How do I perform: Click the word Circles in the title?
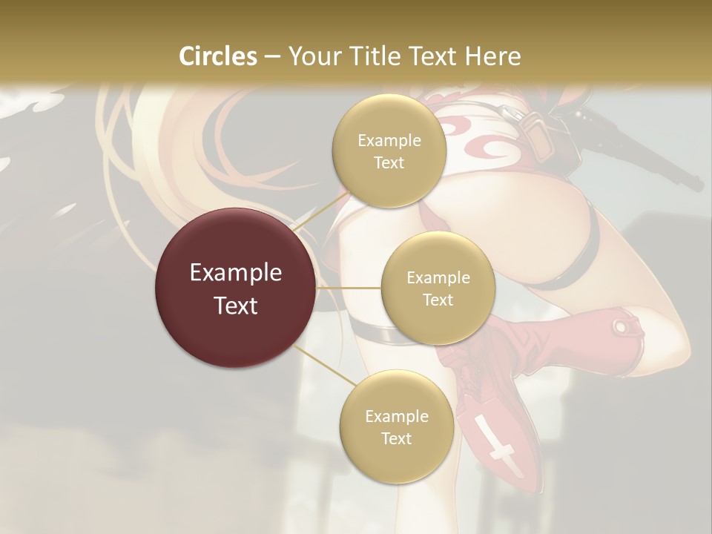219,56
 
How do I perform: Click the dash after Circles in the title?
272,57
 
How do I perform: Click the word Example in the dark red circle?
236,273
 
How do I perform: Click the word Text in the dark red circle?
236,306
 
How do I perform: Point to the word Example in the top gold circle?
389,141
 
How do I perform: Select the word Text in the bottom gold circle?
396,438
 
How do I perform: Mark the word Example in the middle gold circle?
438,278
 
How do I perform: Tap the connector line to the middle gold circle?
349,288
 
